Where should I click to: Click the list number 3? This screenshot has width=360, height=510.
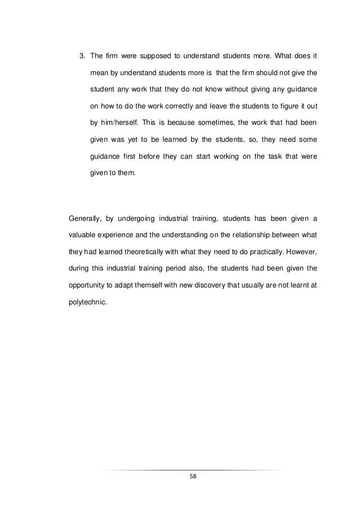point(81,56)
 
